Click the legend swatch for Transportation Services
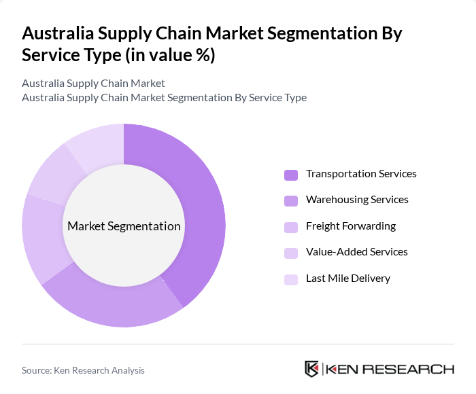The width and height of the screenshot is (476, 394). click(291, 175)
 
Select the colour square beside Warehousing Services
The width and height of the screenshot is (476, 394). click(291, 200)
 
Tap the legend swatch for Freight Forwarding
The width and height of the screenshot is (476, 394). click(291, 226)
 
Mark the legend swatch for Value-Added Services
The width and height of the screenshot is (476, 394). click(291, 252)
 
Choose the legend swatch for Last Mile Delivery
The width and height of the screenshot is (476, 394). click(291, 279)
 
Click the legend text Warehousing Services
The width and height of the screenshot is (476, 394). click(357, 200)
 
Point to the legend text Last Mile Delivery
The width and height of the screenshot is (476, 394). click(347, 278)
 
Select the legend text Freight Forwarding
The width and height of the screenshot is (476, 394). click(350, 226)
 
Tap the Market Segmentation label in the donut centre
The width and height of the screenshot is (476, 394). click(124, 226)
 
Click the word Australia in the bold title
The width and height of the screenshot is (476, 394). click(59, 33)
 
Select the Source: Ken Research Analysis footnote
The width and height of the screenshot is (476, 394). click(83, 370)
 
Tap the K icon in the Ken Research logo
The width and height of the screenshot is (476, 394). click(312, 369)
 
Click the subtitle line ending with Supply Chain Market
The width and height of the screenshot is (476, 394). click(93, 84)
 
